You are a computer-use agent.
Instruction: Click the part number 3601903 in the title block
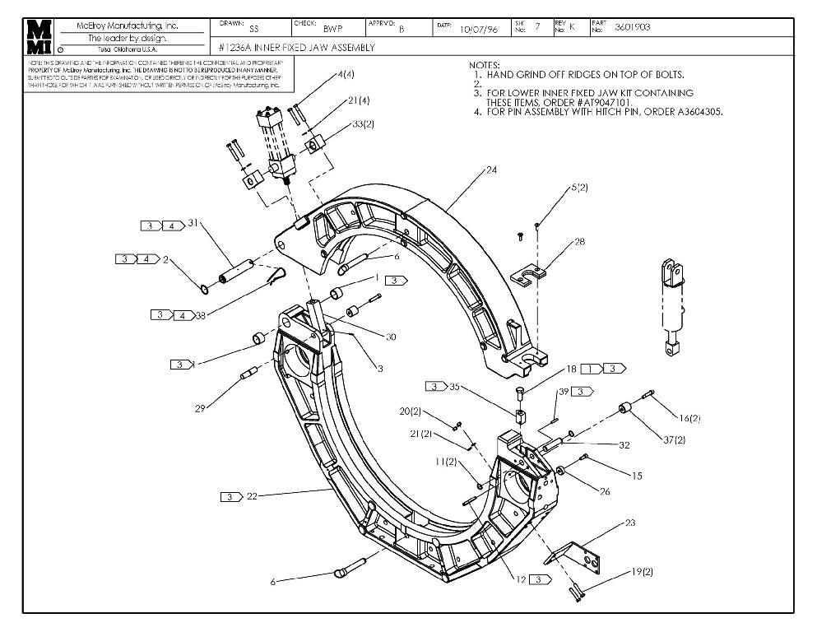point(632,27)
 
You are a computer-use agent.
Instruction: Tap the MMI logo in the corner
point(39,37)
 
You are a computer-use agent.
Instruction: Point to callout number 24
point(491,170)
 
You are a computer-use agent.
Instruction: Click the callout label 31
point(194,223)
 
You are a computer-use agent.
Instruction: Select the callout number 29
point(200,409)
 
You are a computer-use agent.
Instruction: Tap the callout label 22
point(252,496)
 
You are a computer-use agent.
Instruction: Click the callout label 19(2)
point(643,571)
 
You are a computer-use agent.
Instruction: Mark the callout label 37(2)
point(674,440)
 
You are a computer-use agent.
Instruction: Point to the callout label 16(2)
point(689,418)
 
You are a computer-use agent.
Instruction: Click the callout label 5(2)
point(580,188)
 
